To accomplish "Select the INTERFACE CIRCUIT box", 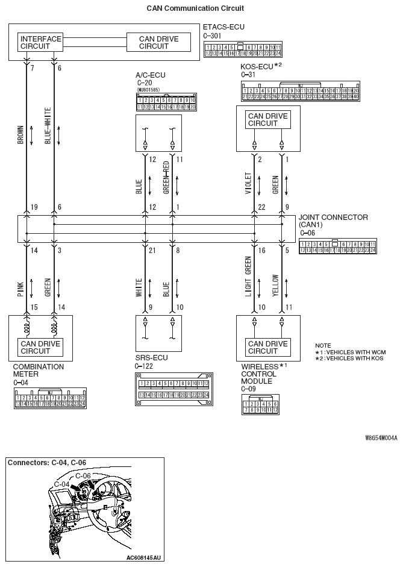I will [41, 42].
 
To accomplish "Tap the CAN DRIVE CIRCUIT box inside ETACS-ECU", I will [158, 42].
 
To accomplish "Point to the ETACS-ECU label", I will [224, 27].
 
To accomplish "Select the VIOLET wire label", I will [248, 184].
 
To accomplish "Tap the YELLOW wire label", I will [275, 285].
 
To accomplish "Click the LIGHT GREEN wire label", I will [248, 277].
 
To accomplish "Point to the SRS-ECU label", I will [152, 358].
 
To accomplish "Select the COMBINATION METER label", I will [39, 370].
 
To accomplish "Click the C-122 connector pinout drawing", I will [173, 389].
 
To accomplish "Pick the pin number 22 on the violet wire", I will [260, 207].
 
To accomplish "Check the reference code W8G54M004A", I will [380, 422].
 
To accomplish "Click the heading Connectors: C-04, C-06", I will [47, 446].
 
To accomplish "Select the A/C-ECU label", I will [151, 75].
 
